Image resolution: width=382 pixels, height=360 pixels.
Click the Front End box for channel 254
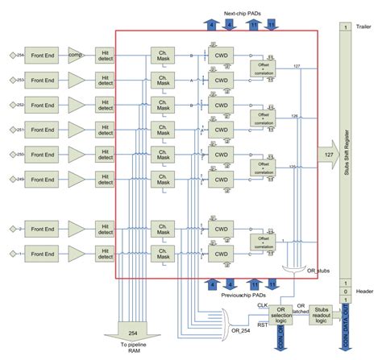click(x=44, y=55)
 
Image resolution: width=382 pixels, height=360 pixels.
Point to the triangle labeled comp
click(x=77, y=55)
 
